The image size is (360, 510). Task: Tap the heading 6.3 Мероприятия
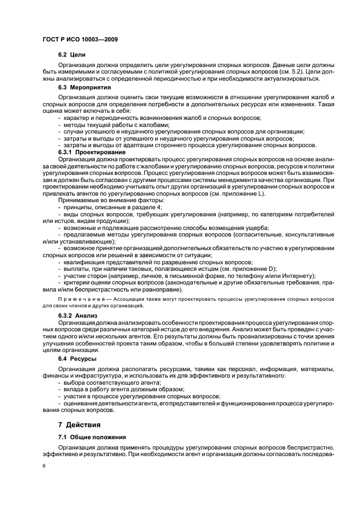coord(84,87)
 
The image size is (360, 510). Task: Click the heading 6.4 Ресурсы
coord(77,359)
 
